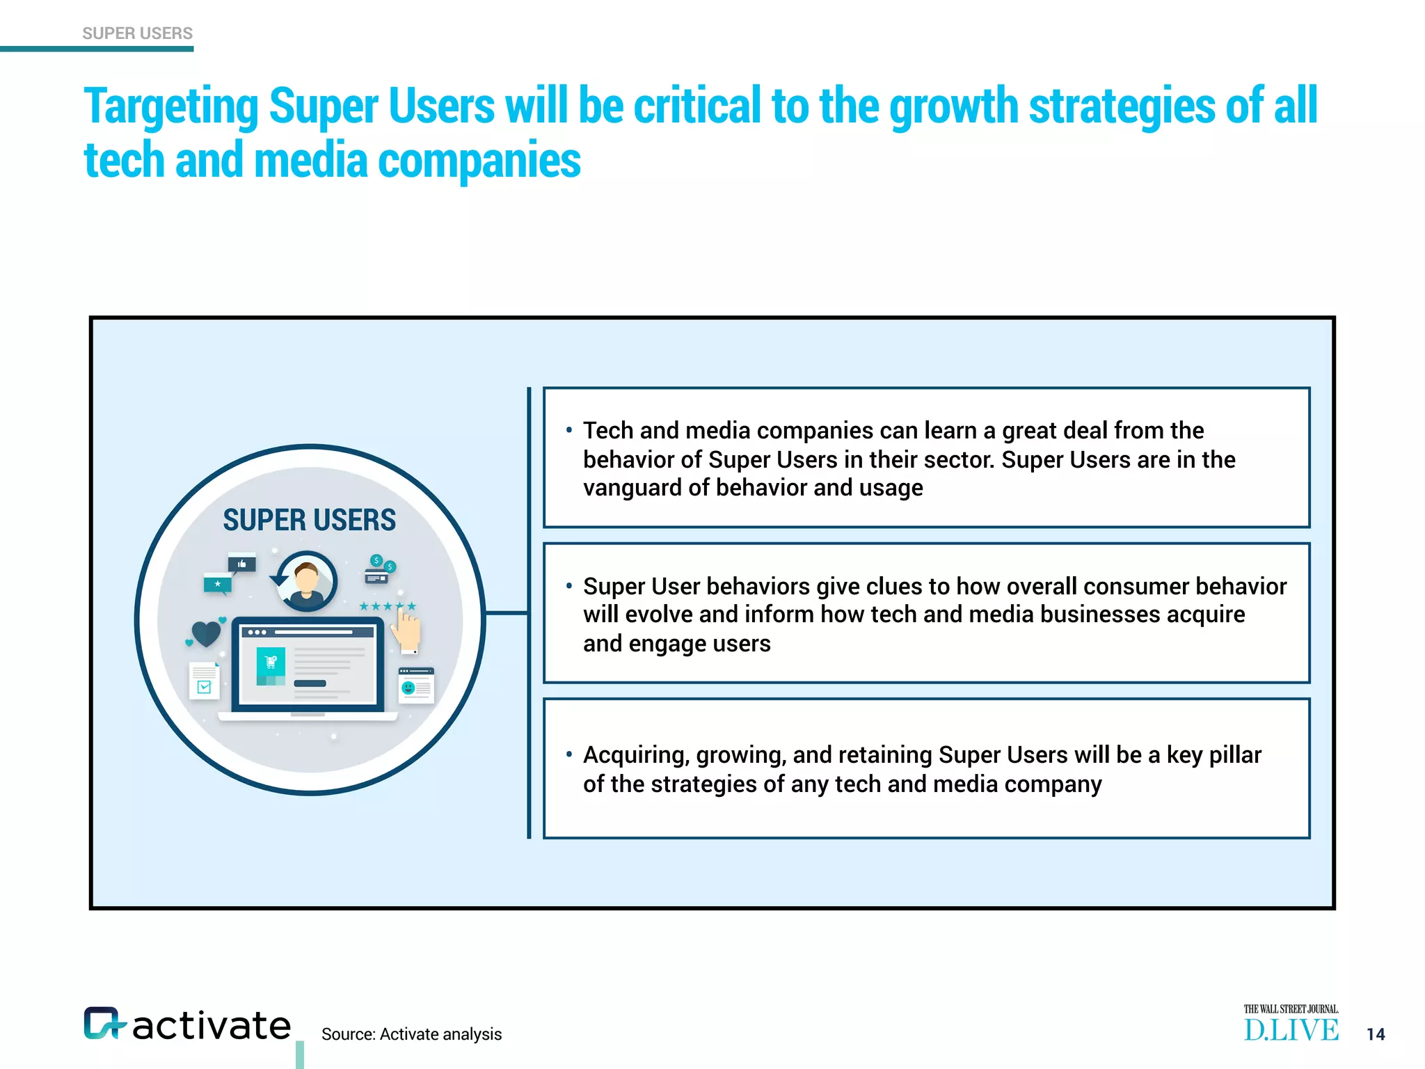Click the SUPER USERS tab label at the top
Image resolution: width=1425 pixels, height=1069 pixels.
pyautogui.click(x=137, y=33)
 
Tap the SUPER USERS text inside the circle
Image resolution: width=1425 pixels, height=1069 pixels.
pyautogui.click(x=309, y=520)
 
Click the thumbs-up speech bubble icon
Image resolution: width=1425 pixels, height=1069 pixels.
pyautogui.click(x=242, y=564)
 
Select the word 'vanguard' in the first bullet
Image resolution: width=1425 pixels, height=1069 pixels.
pyautogui.click(x=632, y=488)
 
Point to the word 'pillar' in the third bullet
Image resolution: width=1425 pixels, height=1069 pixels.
pyautogui.click(x=1235, y=755)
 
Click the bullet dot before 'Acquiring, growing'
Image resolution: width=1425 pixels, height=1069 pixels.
pyautogui.click(x=568, y=754)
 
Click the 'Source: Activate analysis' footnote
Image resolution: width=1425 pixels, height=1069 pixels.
pyautogui.click(x=411, y=1034)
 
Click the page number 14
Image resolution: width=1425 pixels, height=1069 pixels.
pyautogui.click(x=1376, y=1034)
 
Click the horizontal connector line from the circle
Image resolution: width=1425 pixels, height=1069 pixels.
pyautogui.click(x=506, y=613)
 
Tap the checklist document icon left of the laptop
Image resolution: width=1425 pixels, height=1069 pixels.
pyautogui.click(x=205, y=681)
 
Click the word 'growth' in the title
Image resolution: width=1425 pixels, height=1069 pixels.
pyautogui.click(x=953, y=106)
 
